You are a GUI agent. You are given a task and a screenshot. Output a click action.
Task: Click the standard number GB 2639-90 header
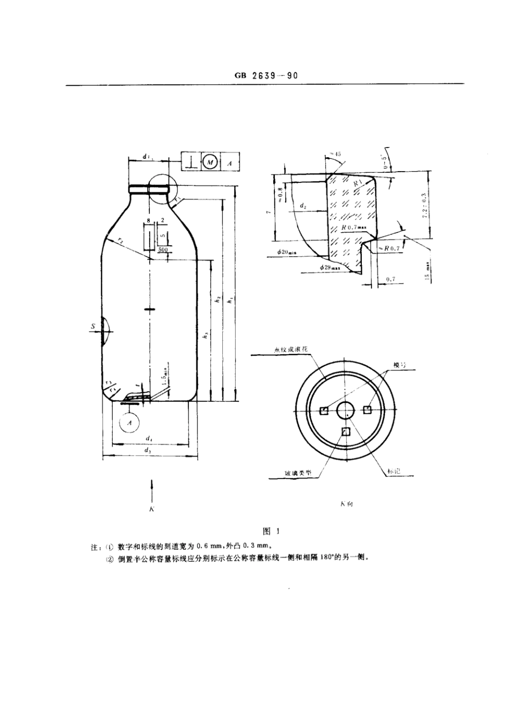pyautogui.click(x=266, y=76)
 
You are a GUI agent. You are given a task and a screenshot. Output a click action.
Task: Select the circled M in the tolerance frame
pyautogui.click(x=210, y=161)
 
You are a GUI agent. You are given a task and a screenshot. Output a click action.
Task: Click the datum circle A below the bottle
pyautogui.click(x=129, y=423)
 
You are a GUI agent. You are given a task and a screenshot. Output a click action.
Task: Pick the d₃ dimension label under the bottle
pyautogui.click(x=148, y=451)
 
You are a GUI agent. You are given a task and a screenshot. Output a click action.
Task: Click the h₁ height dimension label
pyautogui.click(x=231, y=301)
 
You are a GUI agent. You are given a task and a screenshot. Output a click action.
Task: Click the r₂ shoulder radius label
pyautogui.click(x=121, y=242)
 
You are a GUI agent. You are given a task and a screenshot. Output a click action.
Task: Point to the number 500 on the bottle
pyautogui.click(x=163, y=249)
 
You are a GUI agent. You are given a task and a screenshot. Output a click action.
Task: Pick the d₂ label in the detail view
pyautogui.click(x=303, y=206)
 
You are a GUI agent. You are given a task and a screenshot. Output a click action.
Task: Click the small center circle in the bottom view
pyautogui.click(x=345, y=411)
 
